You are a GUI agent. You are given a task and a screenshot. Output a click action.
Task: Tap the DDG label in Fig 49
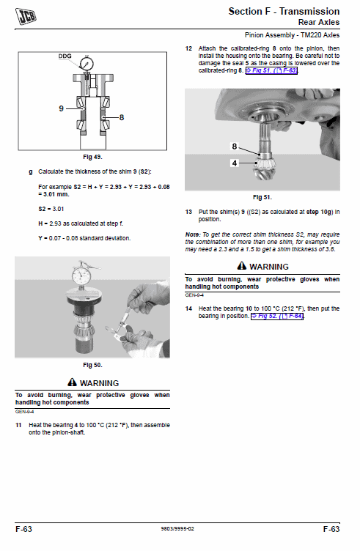point(65,56)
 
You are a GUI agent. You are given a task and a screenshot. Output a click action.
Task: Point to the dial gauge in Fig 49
point(87,63)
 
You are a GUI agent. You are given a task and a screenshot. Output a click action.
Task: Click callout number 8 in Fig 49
point(121,117)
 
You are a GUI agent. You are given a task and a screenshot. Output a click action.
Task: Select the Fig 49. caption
point(92,157)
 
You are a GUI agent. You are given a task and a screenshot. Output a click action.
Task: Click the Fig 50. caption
point(92,364)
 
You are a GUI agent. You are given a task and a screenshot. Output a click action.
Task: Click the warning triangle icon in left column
point(72,383)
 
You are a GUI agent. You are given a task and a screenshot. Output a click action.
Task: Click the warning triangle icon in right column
point(241,267)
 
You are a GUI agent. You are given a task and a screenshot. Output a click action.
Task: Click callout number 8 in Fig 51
point(235,147)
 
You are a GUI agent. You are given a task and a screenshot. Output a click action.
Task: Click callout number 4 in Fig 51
point(235,163)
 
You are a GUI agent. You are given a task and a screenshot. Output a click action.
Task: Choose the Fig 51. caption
point(262,197)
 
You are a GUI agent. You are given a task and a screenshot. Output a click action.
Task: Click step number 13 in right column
point(188,212)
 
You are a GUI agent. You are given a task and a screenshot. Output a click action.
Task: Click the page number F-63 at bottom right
point(331,528)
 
